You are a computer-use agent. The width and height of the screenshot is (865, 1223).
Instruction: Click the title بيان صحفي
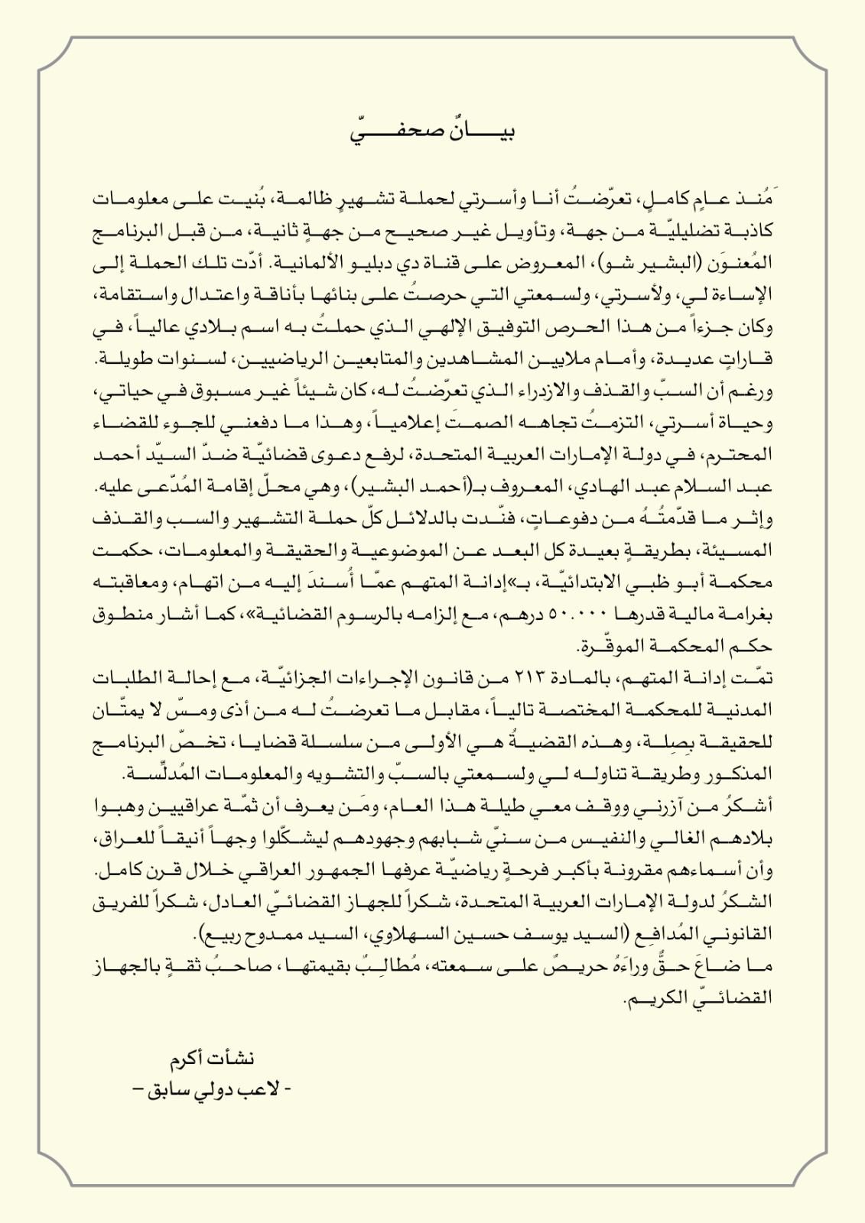point(433,131)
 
